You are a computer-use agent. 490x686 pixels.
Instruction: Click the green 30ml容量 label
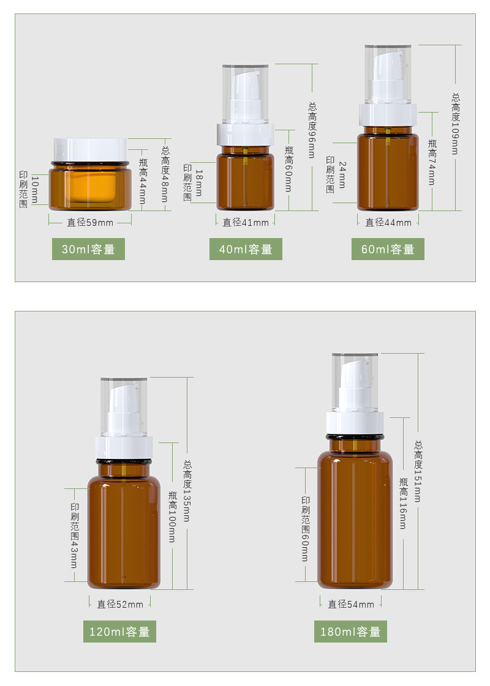(88, 249)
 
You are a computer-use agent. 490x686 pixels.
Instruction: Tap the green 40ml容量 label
(246, 249)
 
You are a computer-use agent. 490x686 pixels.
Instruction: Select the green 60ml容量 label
(388, 249)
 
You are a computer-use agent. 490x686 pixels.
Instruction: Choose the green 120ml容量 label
(119, 632)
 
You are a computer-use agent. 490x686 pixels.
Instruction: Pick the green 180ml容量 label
(350, 632)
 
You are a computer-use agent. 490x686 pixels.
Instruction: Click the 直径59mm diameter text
(90, 222)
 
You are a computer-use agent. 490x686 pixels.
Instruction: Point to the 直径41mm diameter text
(246, 222)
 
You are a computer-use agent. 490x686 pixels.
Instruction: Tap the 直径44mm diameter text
(388, 222)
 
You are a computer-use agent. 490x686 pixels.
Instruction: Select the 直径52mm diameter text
(120, 604)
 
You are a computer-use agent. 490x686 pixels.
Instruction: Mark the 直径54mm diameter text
(351, 604)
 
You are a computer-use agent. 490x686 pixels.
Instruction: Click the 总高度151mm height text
(418, 471)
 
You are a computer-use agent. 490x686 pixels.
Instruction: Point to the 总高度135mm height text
(187, 491)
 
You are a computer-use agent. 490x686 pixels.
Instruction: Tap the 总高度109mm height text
(456, 124)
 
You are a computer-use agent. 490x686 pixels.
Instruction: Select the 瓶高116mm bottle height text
(403, 503)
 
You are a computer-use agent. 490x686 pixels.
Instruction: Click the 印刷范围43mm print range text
(75, 535)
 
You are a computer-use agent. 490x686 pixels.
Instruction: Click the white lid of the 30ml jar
(90, 150)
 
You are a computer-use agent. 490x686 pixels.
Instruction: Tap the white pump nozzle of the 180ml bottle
(355, 385)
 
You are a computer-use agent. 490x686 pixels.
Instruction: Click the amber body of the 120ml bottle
(124, 529)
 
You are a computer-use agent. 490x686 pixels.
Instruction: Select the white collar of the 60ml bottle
(388, 114)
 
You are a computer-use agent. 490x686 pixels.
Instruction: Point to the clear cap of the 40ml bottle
(245, 94)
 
